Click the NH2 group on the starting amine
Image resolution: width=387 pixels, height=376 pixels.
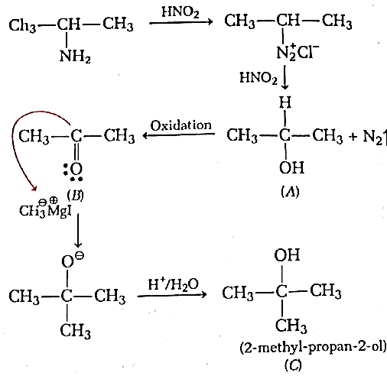[75, 56]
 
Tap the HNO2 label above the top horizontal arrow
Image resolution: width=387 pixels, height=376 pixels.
[180, 11]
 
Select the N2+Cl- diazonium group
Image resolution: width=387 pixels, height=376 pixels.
[298, 52]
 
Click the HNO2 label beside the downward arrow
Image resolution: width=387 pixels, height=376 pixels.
[259, 77]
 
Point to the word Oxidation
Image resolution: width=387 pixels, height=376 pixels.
[181, 125]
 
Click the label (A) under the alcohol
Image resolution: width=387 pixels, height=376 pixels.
[290, 192]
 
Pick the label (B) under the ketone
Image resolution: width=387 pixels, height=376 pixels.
[75, 196]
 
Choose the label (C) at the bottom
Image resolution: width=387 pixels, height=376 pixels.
[293, 365]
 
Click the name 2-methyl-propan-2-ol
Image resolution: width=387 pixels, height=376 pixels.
[313, 348]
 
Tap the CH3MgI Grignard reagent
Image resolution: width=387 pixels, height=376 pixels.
[45, 209]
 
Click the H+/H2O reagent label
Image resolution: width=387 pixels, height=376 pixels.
[174, 284]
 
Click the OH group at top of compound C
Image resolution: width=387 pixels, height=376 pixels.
[287, 255]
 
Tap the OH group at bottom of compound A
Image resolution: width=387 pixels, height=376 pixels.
[291, 167]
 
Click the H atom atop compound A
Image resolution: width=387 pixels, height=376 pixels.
[285, 102]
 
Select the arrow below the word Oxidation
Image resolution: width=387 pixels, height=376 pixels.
[178, 135]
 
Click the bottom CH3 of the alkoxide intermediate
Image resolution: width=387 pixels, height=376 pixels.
[76, 331]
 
